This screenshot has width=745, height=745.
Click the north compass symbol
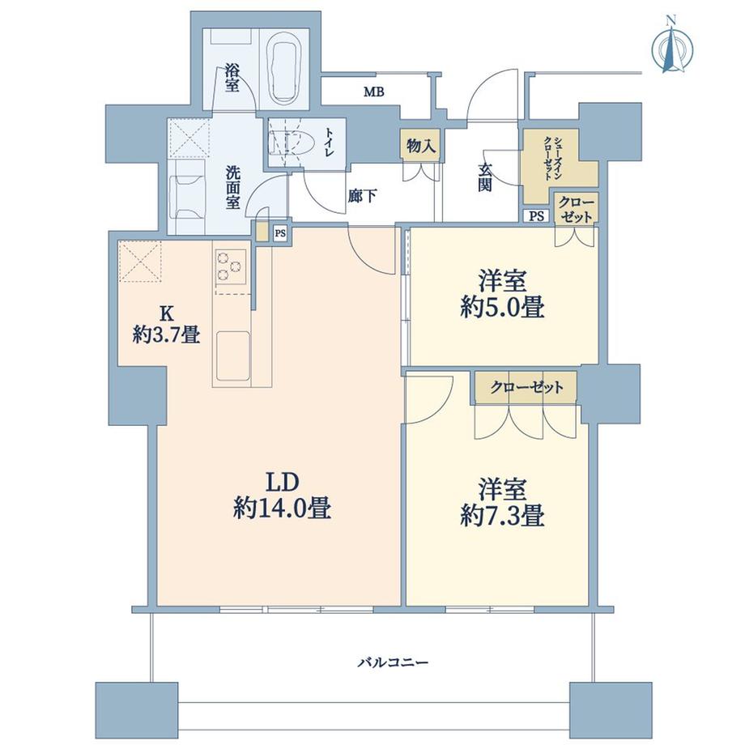coord(671,47)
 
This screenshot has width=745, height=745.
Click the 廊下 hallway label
coord(361,195)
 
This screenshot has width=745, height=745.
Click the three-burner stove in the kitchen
coord(229,266)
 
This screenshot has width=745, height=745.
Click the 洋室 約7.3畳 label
coord(501,502)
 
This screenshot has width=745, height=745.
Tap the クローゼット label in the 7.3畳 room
coord(526,387)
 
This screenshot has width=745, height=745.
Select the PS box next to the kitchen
coord(280,233)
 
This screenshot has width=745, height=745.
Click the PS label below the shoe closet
coord(536,215)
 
